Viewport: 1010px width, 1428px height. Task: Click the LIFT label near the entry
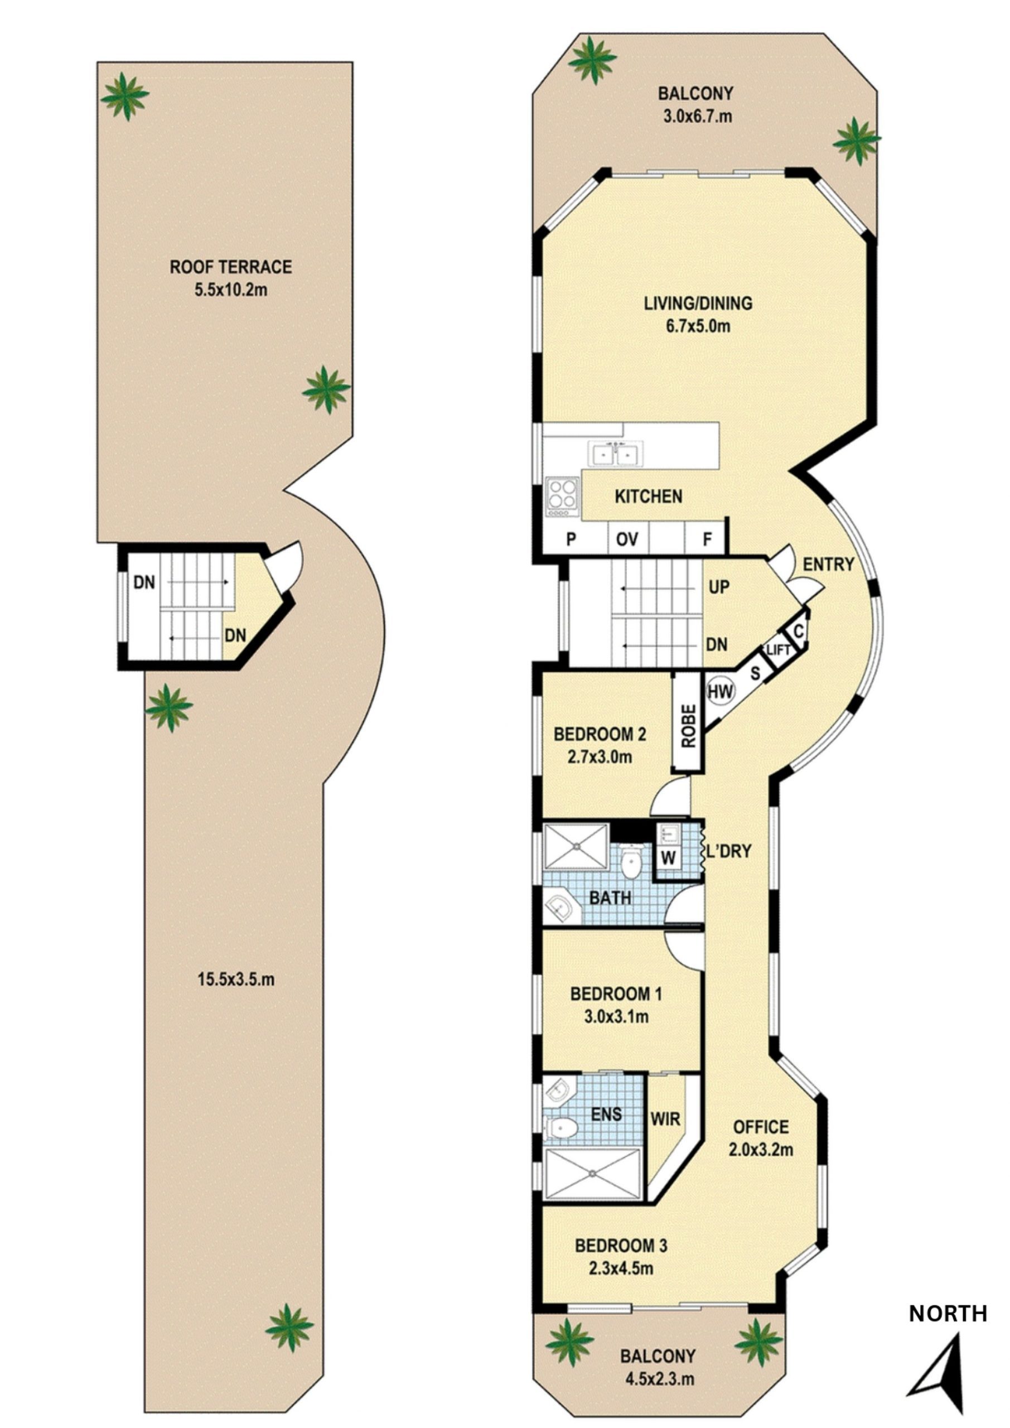(x=778, y=650)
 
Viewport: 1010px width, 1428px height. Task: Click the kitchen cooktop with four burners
(x=562, y=496)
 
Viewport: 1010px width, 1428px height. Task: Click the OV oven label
(x=627, y=539)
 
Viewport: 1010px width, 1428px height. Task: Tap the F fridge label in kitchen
(x=707, y=539)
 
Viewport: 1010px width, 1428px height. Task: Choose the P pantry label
(x=571, y=539)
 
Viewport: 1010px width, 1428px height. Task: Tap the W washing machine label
(x=668, y=858)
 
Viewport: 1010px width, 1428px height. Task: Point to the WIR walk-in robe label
(x=665, y=1120)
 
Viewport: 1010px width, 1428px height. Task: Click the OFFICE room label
(x=761, y=1127)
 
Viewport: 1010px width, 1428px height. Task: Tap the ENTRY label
(x=828, y=564)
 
